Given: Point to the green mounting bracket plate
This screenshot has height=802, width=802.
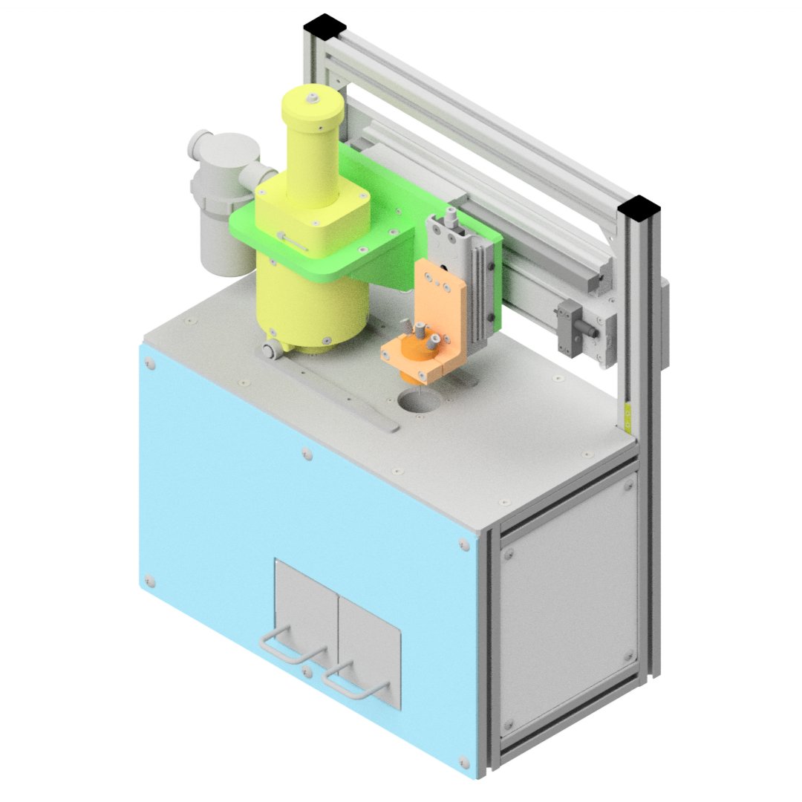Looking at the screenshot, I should (x=386, y=223).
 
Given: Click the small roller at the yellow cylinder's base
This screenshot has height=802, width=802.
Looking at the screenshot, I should (x=273, y=349).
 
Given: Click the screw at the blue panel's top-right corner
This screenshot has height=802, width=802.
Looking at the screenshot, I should (x=464, y=544).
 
